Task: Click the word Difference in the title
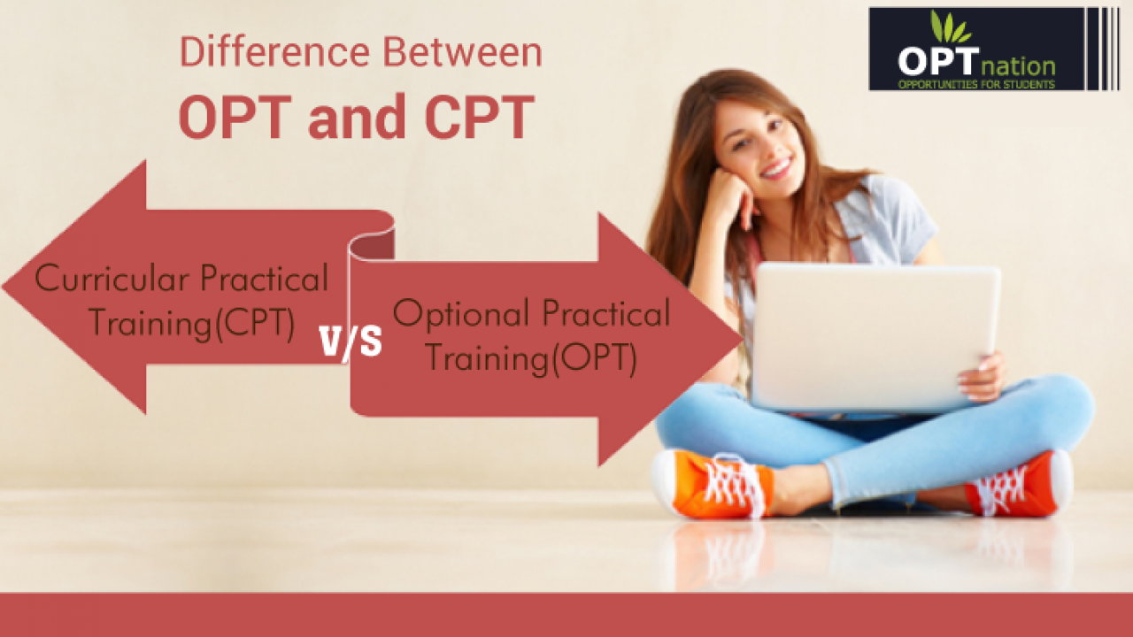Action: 275,51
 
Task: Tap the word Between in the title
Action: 462,51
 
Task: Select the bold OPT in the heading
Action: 235,116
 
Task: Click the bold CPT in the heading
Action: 480,116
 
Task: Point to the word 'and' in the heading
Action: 357,118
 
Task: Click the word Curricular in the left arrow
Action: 112,278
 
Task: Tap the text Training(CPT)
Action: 192,323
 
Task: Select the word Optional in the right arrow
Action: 461,314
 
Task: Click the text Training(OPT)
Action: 532,358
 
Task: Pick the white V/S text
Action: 351,342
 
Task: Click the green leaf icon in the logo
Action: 950,27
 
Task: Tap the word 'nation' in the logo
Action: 1018,66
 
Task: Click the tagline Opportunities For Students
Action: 976,84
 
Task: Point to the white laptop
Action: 875,337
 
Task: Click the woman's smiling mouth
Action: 777,168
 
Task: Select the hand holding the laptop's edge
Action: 983,377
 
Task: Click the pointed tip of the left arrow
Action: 3,287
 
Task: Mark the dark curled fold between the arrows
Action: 373,245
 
